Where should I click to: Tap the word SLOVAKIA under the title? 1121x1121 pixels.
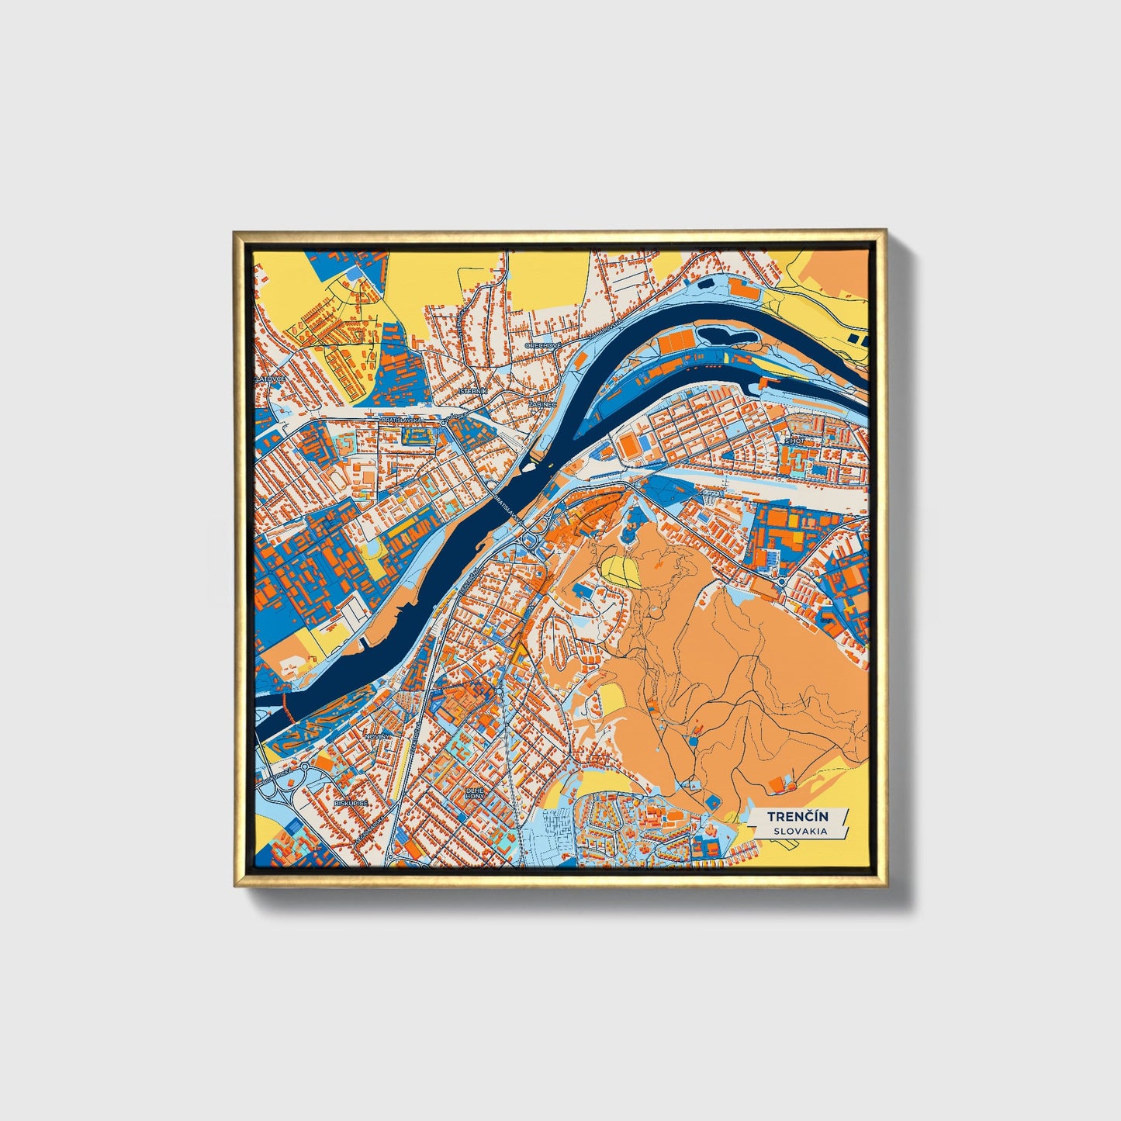click(x=799, y=831)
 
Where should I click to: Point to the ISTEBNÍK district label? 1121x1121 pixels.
click(x=472, y=392)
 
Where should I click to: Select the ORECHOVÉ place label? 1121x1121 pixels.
click(x=542, y=345)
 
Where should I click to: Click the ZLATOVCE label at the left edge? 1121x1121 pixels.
click(x=271, y=379)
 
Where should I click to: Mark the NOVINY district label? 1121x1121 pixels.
click(x=380, y=734)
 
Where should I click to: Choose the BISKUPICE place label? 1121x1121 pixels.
click(x=351, y=804)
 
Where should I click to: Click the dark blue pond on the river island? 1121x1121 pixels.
click(x=726, y=336)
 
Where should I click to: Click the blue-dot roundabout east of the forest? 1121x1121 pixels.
click(x=782, y=581)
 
